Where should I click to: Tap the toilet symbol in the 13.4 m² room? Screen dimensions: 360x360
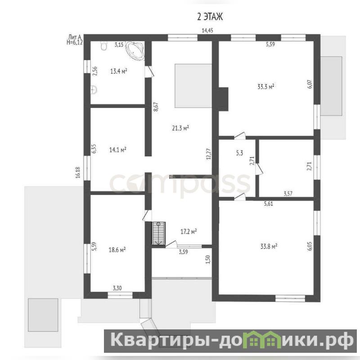click(x=104, y=46)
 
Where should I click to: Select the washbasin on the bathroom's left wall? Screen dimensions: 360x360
click(x=94, y=90)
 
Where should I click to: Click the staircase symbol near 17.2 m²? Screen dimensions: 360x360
click(x=158, y=233)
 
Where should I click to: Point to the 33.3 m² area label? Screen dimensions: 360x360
click(x=266, y=87)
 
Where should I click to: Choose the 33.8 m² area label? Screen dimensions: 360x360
click(x=269, y=247)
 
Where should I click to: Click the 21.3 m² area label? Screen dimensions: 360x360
click(x=180, y=128)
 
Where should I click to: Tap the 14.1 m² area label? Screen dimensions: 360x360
click(x=117, y=150)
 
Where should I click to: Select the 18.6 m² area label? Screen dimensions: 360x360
click(x=117, y=250)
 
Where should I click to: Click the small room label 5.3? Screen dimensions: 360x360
click(x=239, y=153)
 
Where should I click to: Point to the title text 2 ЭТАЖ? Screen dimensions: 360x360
click(x=210, y=17)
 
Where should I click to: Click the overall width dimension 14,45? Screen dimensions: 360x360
click(x=207, y=31)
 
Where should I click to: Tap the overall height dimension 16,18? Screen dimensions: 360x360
click(x=78, y=172)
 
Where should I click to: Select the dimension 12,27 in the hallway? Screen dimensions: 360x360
click(x=208, y=154)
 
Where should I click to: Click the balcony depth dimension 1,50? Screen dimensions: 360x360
click(x=208, y=260)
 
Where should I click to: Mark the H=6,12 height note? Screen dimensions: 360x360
click(x=75, y=42)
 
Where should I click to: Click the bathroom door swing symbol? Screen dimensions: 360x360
click(x=150, y=71)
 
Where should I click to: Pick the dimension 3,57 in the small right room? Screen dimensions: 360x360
click(x=288, y=193)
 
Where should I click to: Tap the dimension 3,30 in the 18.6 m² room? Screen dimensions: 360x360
click(x=117, y=288)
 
